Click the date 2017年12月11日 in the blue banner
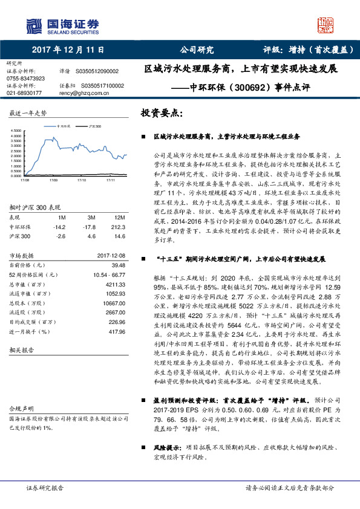68,50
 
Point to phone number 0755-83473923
25,79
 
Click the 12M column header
120,217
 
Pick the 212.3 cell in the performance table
119,227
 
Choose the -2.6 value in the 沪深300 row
61,236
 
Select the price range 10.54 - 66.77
108,275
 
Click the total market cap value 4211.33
115,285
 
